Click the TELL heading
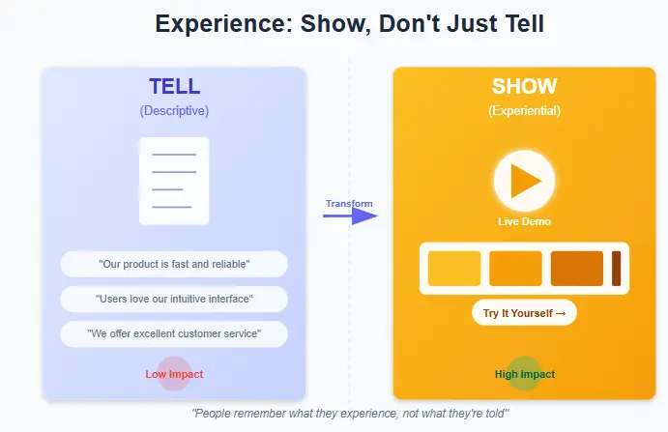(x=174, y=87)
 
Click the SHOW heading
(x=524, y=87)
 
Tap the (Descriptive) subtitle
(x=174, y=110)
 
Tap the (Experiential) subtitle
(x=524, y=110)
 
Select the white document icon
(x=174, y=181)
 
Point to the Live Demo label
(x=524, y=221)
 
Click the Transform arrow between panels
(x=349, y=216)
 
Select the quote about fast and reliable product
(x=174, y=264)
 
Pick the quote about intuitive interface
(x=174, y=299)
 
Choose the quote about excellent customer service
(x=174, y=333)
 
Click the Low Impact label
(x=174, y=374)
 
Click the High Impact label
(x=524, y=374)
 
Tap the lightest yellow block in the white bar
(x=453, y=268)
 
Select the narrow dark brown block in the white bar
(x=616, y=268)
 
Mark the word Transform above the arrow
(x=349, y=203)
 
